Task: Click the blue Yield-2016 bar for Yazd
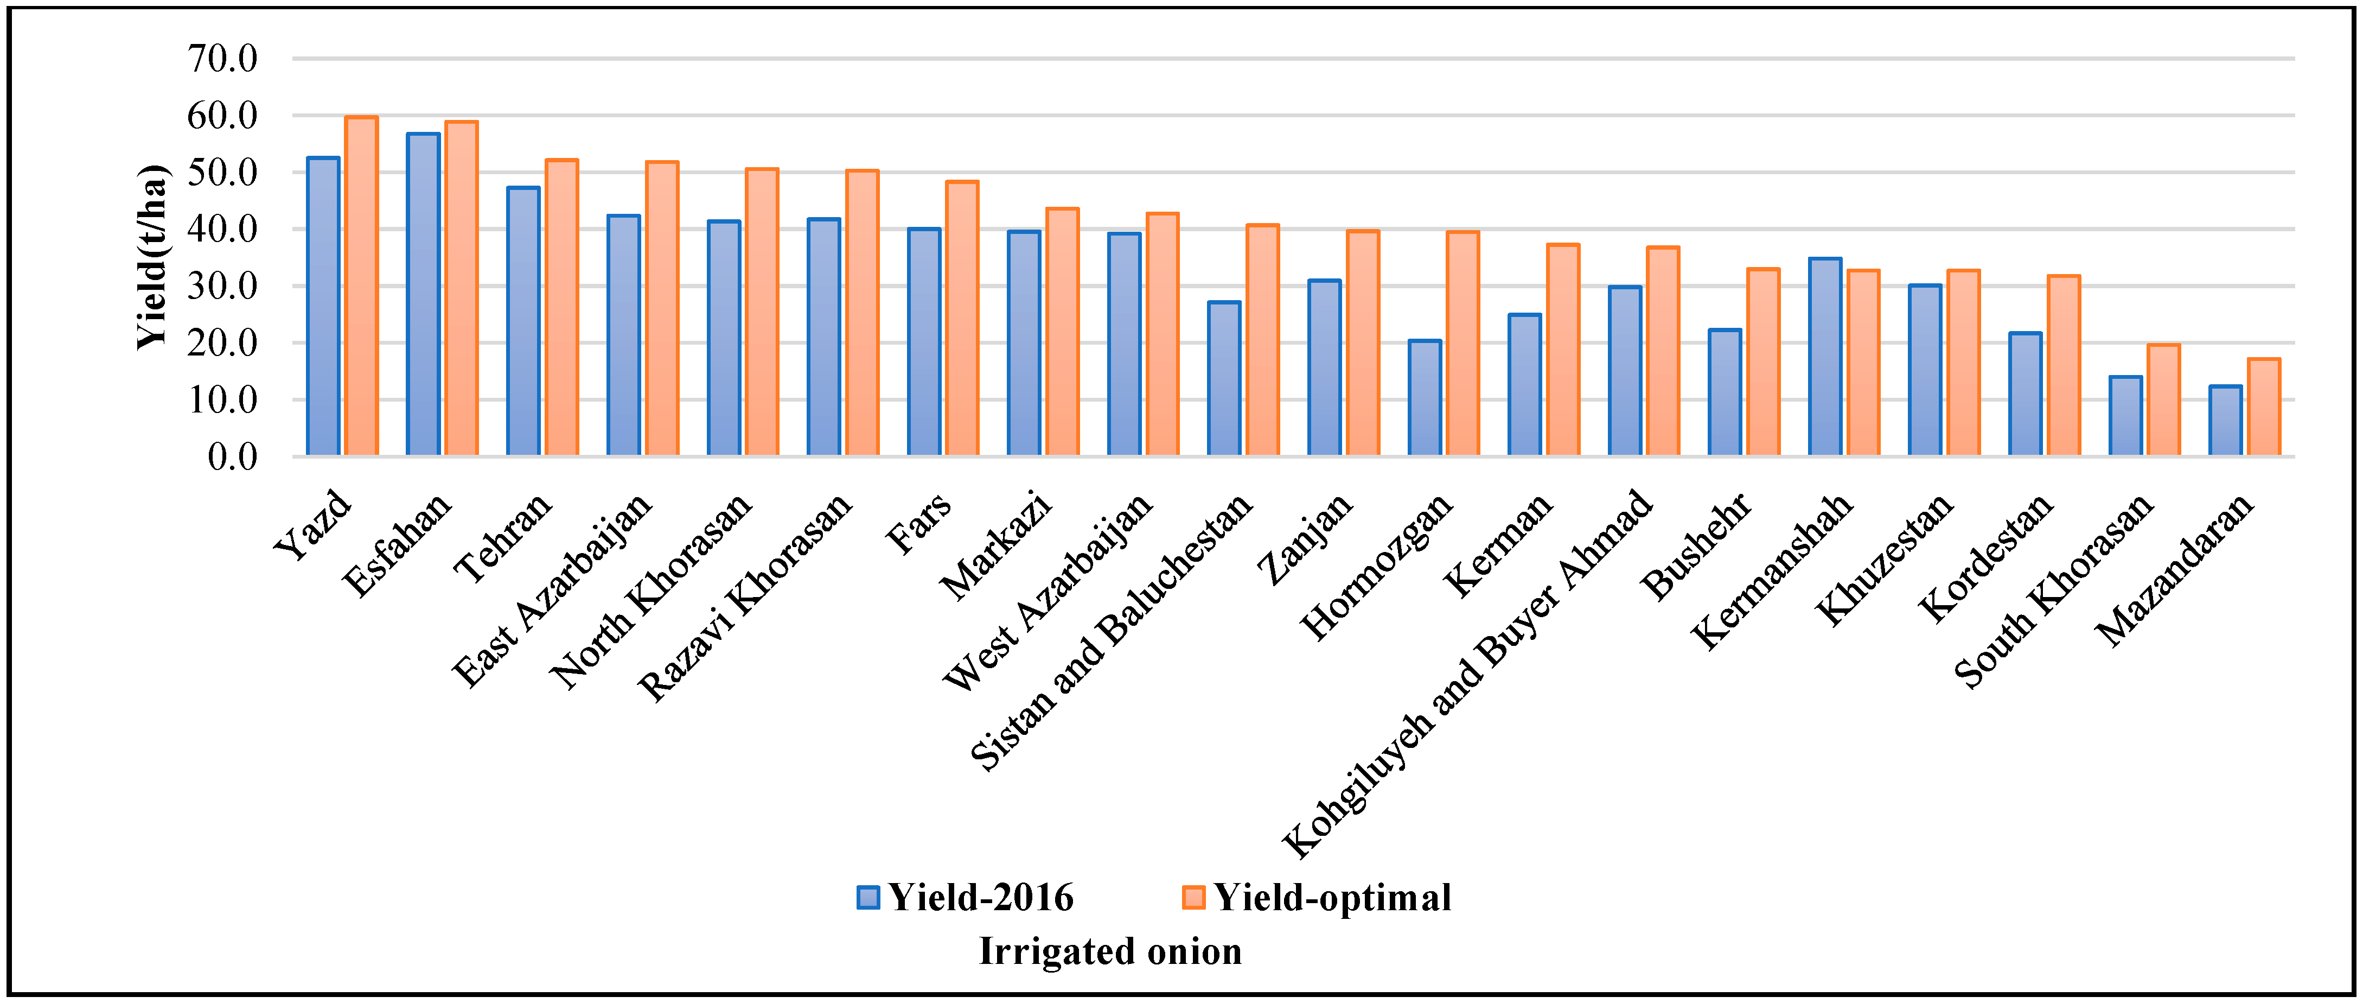click(323, 307)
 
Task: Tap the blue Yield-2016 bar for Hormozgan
click(1425, 398)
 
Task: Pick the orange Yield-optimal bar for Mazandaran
click(2264, 408)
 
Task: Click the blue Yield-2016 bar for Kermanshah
click(1824, 357)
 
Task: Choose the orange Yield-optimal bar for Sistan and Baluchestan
click(1262, 340)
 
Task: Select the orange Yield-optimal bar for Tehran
click(561, 307)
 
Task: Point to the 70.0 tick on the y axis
click(223, 59)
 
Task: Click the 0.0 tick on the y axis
click(232, 456)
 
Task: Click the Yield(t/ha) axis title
click(153, 257)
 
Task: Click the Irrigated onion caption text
click(1110, 951)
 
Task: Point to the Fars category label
click(918, 524)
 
